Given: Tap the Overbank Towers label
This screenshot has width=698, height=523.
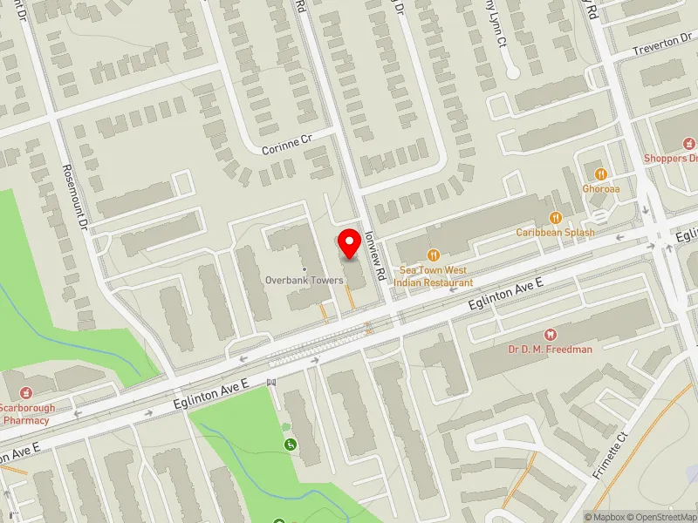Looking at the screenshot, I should (304, 281).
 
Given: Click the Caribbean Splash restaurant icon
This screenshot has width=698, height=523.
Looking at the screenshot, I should (555, 218).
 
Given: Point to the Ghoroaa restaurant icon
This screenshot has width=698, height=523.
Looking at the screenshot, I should (599, 172).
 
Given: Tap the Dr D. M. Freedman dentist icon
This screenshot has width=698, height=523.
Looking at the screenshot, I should (550, 335).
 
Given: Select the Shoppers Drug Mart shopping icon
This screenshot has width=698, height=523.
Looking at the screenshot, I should (688, 143).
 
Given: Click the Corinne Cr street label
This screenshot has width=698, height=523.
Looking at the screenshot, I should (286, 147).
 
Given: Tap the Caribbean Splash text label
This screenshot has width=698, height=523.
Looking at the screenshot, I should (555, 233).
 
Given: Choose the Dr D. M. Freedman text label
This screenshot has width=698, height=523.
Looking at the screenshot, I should (550, 350).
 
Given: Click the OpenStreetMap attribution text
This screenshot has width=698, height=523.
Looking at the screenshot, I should (660, 517).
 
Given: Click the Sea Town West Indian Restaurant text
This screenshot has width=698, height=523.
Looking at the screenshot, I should (433, 276).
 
